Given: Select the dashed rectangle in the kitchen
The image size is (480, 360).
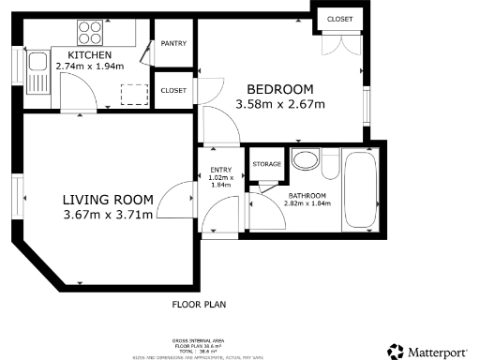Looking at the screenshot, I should (x=134, y=93).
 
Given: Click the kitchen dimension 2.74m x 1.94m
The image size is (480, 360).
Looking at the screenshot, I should (x=89, y=67).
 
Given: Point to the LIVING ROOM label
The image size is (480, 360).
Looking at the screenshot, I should (x=108, y=199).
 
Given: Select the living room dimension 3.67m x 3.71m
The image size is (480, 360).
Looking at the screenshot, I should (x=108, y=217).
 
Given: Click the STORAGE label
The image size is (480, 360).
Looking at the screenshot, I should (x=266, y=164).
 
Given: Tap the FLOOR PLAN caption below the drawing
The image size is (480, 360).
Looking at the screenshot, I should (x=199, y=305).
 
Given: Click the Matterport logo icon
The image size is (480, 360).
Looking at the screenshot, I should (x=395, y=351).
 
